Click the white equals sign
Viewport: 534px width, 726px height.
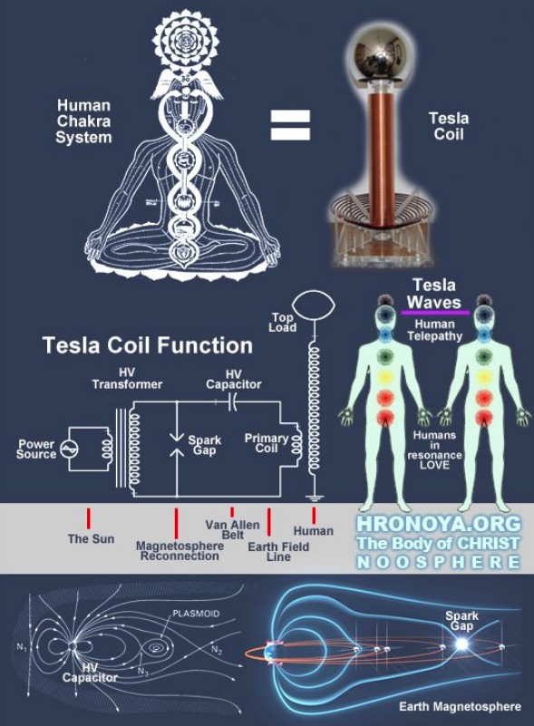[290, 124]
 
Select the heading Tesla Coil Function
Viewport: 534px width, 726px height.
[147, 345]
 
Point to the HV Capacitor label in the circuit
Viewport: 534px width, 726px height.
[233, 379]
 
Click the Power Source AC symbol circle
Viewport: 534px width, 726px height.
[70, 450]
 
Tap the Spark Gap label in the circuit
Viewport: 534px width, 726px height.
[204, 445]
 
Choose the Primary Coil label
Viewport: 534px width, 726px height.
[267, 443]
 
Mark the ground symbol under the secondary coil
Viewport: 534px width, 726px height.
[314, 499]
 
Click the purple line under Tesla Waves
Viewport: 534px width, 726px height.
[435, 313]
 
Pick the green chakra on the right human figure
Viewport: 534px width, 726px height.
[483, 356]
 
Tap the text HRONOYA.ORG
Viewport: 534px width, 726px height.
[438, 524]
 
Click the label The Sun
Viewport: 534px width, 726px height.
[91, 538]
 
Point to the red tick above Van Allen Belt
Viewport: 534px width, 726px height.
[232, 511]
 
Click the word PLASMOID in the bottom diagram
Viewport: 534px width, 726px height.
[196, 614]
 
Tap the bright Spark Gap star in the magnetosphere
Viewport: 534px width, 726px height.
[461, 644]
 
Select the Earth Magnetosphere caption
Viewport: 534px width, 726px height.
[460, 707]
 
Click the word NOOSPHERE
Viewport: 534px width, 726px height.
[438, 562]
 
